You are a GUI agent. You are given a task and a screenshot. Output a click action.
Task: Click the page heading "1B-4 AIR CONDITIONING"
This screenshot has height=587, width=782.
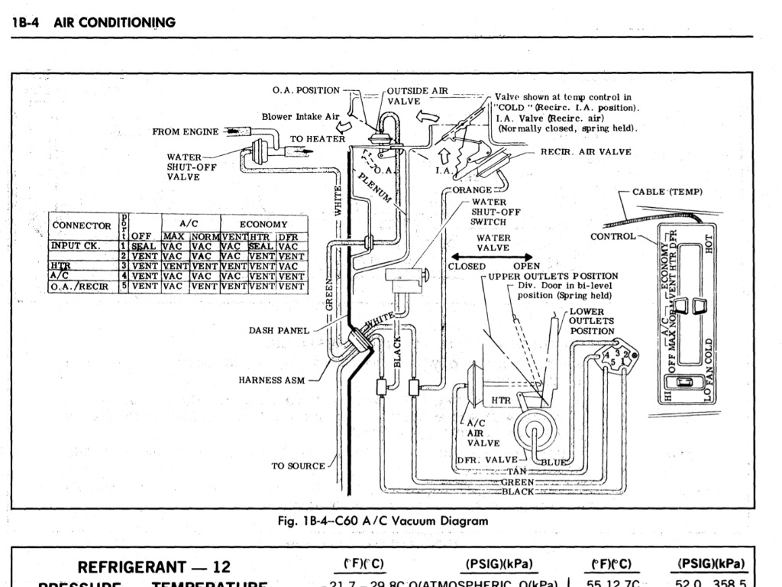point(94,22)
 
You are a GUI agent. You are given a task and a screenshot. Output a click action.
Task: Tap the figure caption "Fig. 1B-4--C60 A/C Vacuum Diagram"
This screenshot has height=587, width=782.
point(383,521)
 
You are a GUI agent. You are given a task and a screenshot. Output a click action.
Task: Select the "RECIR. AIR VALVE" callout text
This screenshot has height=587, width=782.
point(586,152)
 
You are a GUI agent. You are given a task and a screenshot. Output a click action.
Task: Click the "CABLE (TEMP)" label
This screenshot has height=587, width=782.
point(667,192)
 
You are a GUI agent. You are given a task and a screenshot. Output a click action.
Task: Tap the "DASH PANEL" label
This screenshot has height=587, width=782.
point(279,331)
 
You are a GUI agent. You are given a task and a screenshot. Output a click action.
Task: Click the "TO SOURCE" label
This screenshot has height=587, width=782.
point(298,465)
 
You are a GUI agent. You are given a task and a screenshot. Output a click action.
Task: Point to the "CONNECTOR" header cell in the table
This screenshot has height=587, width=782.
point(81,225)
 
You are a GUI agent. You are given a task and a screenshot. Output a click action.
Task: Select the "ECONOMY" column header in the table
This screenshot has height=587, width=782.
point(263,224)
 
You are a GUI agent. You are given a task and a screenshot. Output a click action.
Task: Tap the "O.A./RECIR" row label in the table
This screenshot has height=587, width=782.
point(81,287)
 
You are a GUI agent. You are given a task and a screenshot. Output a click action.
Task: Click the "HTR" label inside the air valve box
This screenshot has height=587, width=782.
point(500,401)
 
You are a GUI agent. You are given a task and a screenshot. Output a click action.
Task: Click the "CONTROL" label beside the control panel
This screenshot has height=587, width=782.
point(612,236)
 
